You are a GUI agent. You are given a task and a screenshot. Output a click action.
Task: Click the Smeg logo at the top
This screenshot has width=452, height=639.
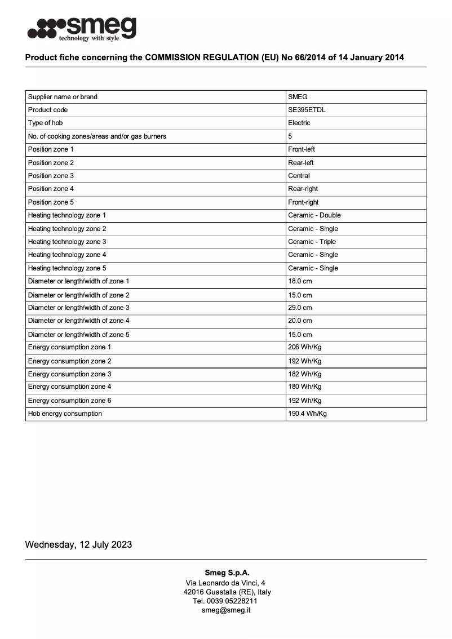(82, 29)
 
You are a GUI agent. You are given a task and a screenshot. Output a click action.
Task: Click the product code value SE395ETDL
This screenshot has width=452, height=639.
(307, 110)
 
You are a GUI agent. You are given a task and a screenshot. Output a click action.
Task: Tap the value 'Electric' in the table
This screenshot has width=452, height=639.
(299, 123)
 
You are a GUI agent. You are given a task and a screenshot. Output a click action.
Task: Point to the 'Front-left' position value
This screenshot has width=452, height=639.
(302, 149)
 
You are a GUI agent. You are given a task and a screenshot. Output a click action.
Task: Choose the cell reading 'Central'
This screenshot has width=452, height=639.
(299, 176)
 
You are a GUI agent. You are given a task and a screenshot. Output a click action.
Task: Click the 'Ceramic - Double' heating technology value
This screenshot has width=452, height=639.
(314, 215)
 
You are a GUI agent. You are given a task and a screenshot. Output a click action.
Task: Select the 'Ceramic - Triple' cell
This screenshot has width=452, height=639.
(312, 242)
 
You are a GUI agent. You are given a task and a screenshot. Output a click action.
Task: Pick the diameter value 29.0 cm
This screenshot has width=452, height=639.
(300, 308)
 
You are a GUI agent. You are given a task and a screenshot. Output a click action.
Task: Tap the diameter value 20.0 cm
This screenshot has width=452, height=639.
(300, 321)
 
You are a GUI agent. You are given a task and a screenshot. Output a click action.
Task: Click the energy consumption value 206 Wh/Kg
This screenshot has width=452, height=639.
(304, 347)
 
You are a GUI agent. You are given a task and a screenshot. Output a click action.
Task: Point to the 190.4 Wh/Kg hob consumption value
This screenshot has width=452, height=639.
(307, 414)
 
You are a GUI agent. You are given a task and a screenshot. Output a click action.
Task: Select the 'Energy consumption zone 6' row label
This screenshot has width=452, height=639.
(69, 401)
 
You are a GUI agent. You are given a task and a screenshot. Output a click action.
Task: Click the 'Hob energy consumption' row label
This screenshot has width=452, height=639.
(65, 414)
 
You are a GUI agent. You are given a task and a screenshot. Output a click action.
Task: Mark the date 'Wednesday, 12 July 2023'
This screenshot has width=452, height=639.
(78, 544)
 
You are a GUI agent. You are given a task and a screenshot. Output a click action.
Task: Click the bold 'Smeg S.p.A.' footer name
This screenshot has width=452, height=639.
(227, 573)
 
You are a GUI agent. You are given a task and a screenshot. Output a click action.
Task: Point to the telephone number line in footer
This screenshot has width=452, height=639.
(226, 601)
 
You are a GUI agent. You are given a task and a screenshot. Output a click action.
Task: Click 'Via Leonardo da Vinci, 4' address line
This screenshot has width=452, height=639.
(226, 583)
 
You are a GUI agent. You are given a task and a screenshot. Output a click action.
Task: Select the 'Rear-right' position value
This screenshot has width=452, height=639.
(303, 189)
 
